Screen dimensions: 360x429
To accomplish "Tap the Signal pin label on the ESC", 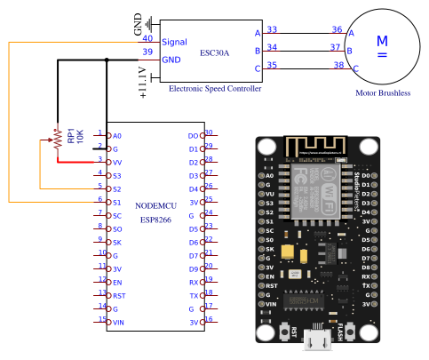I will click(174, 42).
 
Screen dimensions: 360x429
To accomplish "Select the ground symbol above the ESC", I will click(149, 24).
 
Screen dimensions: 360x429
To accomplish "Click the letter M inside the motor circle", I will click(383, 41).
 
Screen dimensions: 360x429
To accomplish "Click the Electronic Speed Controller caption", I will click(215, 89).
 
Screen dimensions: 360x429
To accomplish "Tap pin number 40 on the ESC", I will click(147, 38).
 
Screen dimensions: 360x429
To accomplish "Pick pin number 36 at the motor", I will click(338, 29).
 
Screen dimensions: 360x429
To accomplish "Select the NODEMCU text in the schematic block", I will click(158, 206).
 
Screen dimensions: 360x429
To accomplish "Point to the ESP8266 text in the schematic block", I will click(158, 220).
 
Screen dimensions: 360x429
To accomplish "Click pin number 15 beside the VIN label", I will click(101, 319).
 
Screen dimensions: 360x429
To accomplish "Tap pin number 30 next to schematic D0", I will click(209, 132).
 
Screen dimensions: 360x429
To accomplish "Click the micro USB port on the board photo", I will click(316, 339).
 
